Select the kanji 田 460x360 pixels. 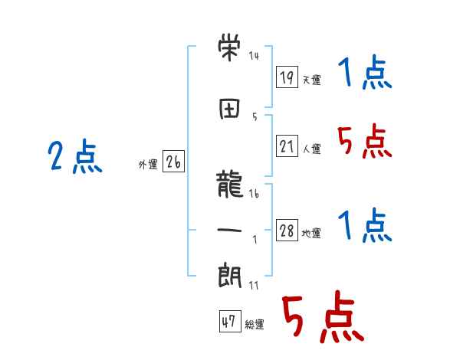click(230, 108)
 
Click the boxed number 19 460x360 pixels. click(287, 77)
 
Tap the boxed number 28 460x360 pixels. click(287, 231)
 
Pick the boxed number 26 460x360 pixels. click(173, 162)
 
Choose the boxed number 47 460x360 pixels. click(228, 322)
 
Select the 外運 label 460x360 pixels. click(147, 165)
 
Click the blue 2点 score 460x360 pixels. click(74, 158)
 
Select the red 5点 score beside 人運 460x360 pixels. click(365, 142)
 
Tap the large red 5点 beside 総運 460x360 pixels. click(321, 318)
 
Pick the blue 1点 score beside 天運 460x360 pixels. click(365, 74)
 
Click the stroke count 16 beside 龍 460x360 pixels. click(254, 195)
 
